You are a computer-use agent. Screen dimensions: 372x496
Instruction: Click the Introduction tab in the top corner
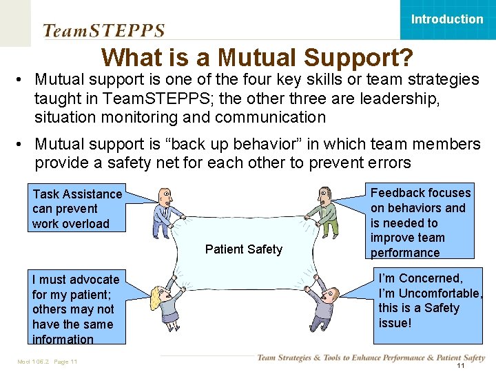point(447,19)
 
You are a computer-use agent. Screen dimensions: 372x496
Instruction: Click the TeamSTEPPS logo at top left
point(104,30)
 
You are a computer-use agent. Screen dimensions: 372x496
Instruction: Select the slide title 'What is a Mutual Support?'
point(257,56)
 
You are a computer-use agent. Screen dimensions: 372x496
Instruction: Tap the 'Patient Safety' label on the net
point(244,249)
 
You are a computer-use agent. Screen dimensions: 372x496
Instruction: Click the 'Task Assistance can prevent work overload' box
point(77,209)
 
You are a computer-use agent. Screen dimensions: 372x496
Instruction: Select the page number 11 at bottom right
point(461,366)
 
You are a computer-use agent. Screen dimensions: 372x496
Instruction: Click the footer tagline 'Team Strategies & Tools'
point(371,358)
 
